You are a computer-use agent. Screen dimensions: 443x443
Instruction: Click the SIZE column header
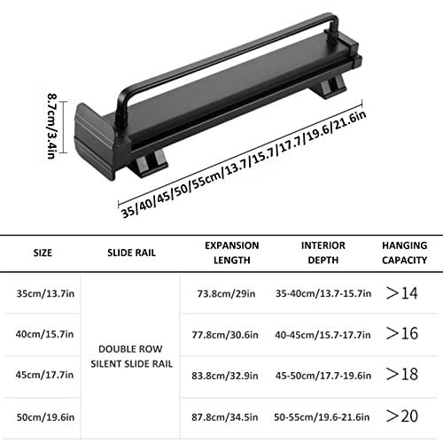[43, 253]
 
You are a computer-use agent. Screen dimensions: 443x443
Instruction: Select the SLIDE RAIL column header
[131, 253]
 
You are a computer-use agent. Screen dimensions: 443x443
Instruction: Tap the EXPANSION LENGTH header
[232, 253]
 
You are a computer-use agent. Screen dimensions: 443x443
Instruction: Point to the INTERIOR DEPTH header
[323, 253]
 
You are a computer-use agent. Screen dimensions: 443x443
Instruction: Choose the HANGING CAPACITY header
[405, 253]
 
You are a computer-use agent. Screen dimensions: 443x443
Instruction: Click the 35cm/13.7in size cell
[45, 294]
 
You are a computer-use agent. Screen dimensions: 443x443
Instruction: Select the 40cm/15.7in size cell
[44, 334]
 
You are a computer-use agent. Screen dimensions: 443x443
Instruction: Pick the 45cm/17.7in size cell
[44, 375]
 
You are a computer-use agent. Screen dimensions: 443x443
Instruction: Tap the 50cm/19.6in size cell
[45, 417]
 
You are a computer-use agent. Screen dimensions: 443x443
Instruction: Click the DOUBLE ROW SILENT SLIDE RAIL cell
[131, 356]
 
